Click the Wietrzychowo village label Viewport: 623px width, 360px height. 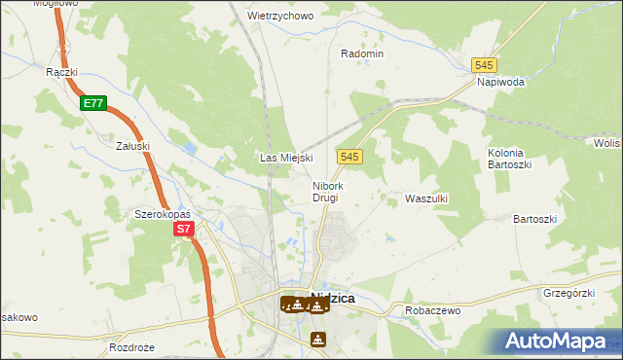pos(279,17)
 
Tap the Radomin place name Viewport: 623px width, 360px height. pos(362,54)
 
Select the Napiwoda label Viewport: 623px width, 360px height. pos(501,83)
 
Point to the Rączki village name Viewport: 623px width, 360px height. pos(61,72)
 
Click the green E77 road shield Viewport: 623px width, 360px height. pos(92,102)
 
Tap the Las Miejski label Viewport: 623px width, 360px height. pos(284,158)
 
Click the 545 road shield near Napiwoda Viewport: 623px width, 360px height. pos(485,64)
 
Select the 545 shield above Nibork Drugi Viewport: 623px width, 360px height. pos(351,156)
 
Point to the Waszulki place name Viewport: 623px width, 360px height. pos(425,198)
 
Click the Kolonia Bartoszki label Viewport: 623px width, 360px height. pos(506,160)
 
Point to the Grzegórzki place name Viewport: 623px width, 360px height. pos(569,292)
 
